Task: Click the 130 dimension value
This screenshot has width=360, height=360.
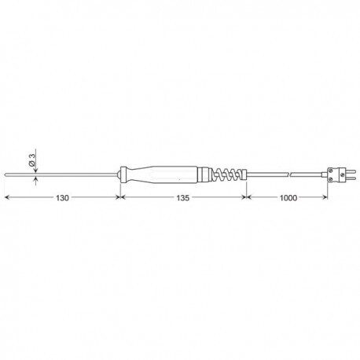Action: click(x=62, y=198)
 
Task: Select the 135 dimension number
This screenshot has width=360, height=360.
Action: click(x=182, y=198)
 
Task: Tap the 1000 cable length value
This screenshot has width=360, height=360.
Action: click(x=288, y=198)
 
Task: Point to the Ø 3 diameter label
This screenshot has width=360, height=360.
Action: click(x=31, y=160)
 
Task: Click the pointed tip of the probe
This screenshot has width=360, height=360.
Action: click(x=6, y=174)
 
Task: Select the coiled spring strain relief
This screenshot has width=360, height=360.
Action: click(x=226, y=174)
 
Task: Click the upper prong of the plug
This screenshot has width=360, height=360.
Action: click(x=351, y=171)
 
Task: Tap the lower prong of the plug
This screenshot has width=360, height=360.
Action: click(x=351, y=178)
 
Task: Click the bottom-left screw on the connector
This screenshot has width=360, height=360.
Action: click(x=331, y=179)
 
